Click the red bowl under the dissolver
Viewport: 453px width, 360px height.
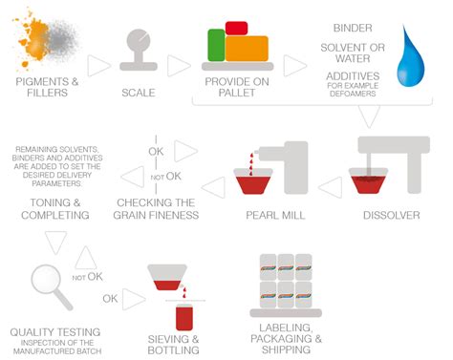[x=379, y=183]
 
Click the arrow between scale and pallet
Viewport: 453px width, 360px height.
[x=178, y=66]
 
